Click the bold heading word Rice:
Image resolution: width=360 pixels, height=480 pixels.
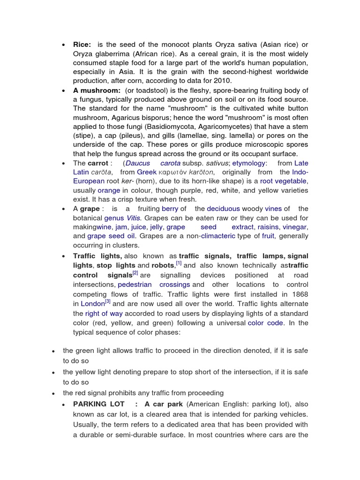click(82, 45)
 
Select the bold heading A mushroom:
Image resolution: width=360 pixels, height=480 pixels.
click(97, 90)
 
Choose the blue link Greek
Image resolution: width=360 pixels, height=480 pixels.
click(147, 172)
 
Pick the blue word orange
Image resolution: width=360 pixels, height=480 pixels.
click(109, 190)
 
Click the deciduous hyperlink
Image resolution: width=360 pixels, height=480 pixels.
click(223, 209)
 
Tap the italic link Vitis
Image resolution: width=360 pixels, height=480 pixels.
click(132, 218)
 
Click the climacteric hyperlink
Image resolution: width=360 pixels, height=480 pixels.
click(218, 236)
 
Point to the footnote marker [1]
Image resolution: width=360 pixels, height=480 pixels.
click(179, 263)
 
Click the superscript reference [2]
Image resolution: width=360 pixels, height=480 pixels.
click(135, 273)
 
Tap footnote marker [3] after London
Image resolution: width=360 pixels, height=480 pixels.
click(107, 301)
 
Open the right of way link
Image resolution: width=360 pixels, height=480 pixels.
click(99, 314)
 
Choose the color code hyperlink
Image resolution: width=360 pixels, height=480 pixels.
click(265, 323)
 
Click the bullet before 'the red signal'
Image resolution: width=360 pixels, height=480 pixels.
click(54, 393)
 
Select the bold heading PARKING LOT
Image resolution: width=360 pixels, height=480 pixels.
click(99, 404)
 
